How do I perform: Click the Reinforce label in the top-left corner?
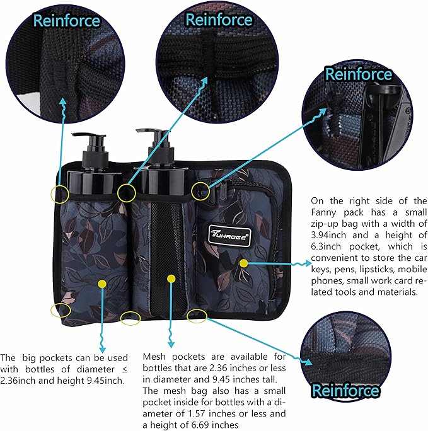(66, 20)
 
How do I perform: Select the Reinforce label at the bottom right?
(345, 391)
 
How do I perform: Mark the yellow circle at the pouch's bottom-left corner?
(61, 310)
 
